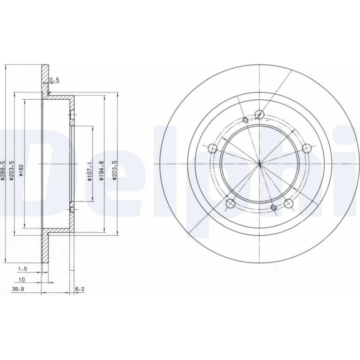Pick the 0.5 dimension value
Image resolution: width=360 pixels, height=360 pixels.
pyautogui.click(x=54, y=80)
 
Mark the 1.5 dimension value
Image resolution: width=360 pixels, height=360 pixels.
pyautogui.click(x=22, y=269)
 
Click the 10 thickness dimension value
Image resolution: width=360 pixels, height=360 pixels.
pyautogui.click(x=22, y=280)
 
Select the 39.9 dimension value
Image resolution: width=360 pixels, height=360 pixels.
pyautogui.click(x=18, y=289)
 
